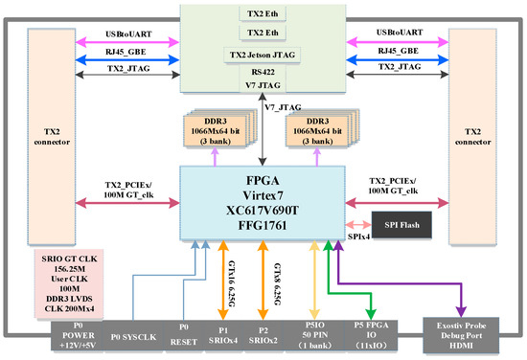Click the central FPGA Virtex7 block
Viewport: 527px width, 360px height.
[263, 200]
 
